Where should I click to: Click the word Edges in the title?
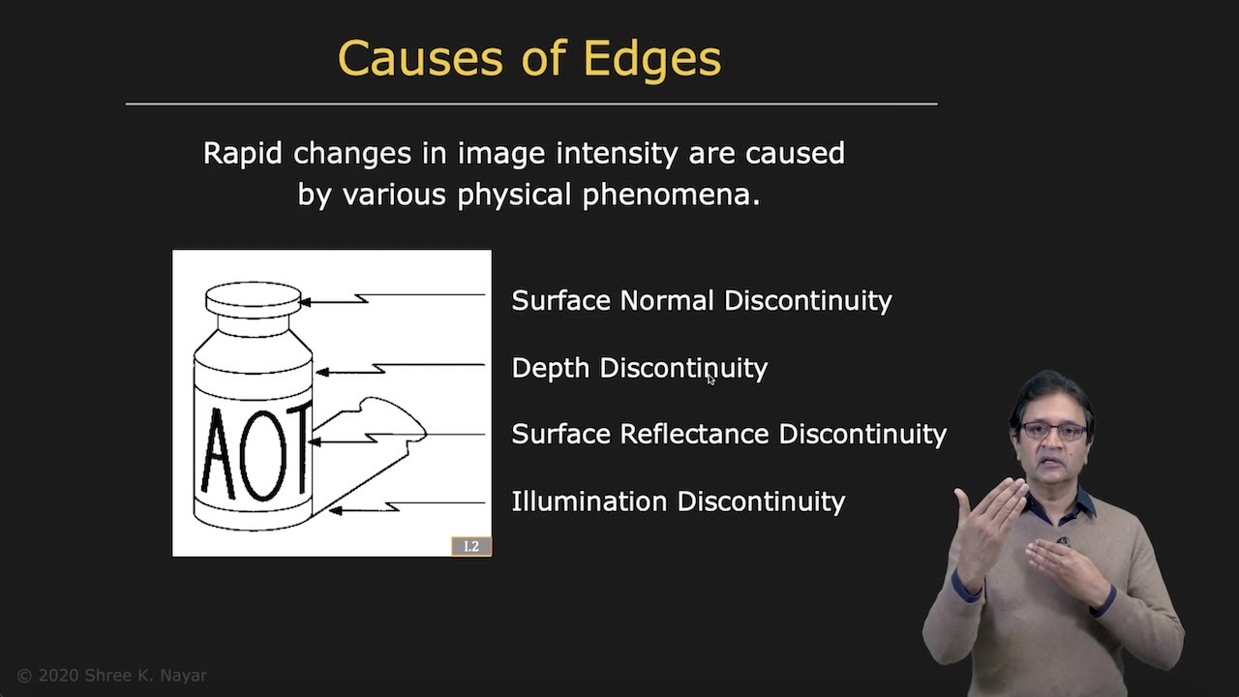[x=651, y=59]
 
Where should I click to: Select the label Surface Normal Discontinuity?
[x=701, y=301]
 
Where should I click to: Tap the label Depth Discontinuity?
[x=639, y=369]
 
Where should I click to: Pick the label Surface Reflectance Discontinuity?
[x=728, y=435]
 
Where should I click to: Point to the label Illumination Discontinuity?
[x=678, y=501]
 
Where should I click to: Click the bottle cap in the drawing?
[x=254, y=298]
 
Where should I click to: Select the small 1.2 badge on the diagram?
[x=470, y=546]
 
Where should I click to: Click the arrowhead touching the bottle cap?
[x=306, y=302]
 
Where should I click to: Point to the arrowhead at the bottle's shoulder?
[x=322, y=372]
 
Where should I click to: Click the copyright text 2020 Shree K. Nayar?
[x=112, y=676]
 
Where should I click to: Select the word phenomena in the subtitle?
[x=671, y=195]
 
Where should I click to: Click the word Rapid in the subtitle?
[x=243, y=154]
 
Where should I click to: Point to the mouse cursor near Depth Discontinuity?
[x=710, y=379]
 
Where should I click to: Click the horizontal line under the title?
[x=530, y=103]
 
